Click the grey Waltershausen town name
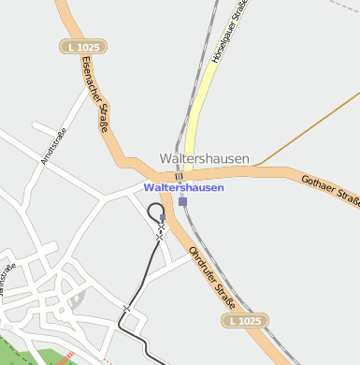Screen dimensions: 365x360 [205, 159]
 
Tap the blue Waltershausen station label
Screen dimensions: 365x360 [184, 187]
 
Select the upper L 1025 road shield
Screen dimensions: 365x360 [83, 46]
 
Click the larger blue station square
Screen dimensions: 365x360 [182, 201]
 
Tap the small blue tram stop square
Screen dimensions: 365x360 [163, 217]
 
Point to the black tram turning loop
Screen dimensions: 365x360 [155, 211]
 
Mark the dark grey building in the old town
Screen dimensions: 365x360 [77, 299]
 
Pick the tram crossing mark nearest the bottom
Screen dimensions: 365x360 [127, 307]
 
